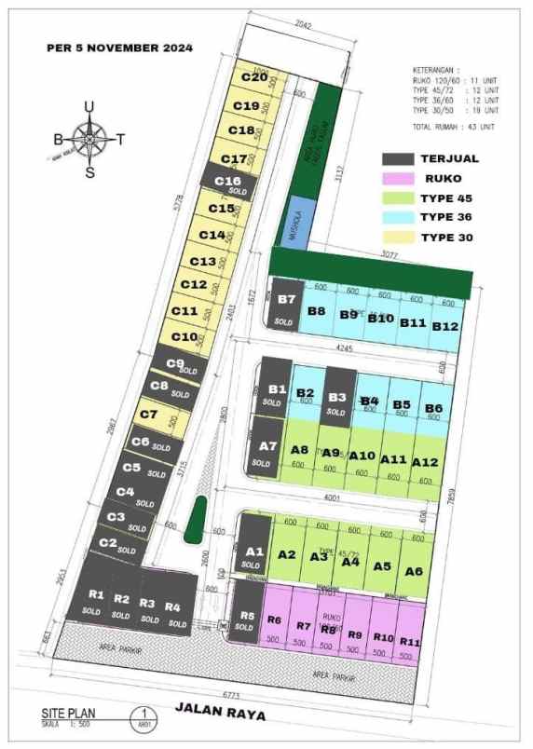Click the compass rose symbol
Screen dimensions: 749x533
(89, 140)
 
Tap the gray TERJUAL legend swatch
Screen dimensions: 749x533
(399, 159)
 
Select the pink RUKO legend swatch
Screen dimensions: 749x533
(399, 179)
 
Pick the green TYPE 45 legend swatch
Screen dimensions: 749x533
(399, 198)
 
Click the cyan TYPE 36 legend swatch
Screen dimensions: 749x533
(399, 218)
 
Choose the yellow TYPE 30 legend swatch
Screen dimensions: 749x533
(399, 238)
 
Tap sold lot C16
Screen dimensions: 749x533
(229, 184)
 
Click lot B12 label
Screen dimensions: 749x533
(444, 325)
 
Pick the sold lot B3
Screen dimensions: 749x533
(339, 397)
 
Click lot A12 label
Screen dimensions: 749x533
(424, 461)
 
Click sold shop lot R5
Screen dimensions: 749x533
(246, 620)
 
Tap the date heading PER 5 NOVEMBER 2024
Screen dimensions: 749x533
(119, 48)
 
